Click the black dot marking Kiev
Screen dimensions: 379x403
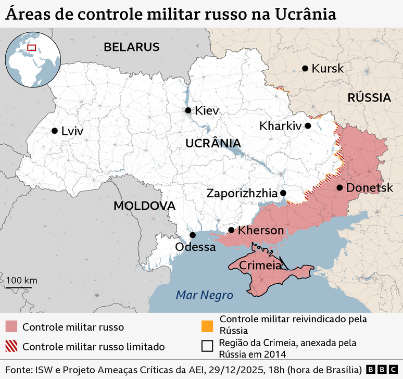[188, 110]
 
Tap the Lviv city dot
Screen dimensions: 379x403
[54, 131]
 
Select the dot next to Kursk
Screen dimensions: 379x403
[305, 68]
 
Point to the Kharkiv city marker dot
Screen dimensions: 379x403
[308, 125]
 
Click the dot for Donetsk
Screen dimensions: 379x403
[339, 187]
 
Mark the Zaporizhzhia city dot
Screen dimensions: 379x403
[284, 193]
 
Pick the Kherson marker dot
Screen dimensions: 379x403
[231, 230]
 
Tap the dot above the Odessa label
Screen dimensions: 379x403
[193, 235]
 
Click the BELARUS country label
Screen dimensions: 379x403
[131, 47]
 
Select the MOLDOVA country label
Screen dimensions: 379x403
[144, 206]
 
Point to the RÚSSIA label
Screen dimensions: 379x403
[369, 97]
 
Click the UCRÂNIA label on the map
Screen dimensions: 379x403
[213, 143]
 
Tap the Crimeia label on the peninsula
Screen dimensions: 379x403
[260, 266]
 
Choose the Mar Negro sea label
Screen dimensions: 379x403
[204, 295]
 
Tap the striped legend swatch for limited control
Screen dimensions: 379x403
[11, 346]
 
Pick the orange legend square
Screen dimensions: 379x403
[207, 326]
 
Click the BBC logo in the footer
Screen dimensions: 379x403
[381, 369]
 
